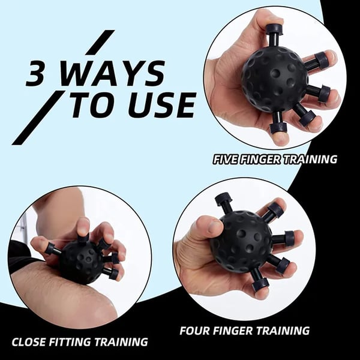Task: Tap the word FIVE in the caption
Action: [227, 160]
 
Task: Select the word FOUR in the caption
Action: [195, 331]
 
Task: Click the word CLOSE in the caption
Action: [32, 343]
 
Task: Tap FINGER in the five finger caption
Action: [265, 160]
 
